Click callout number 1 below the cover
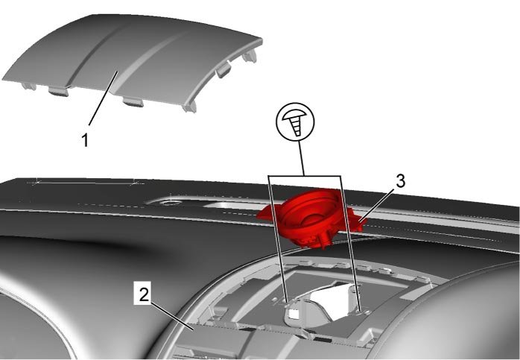(85, 140)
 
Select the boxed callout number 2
(143, 294)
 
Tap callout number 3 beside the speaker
(401, 182)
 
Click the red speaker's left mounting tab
(266, 214)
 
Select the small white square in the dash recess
(294, 313)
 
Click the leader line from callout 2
(172, 316)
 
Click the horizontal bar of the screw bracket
(305, 175)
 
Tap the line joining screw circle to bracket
(301, 157)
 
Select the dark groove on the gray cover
(94, 54)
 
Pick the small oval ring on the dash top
(170, 203)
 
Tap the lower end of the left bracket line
(287, 301)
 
